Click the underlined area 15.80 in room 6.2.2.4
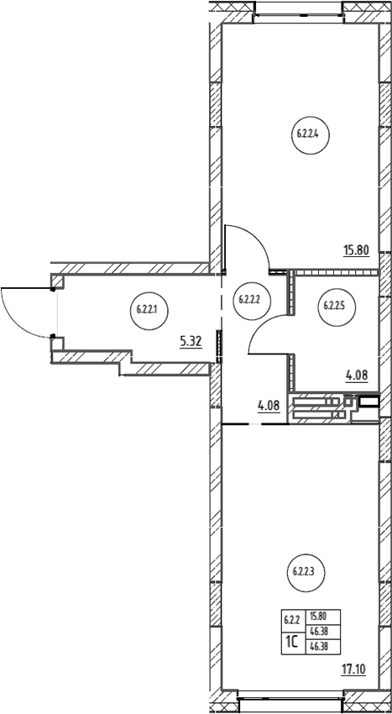pyautogui.click(x=356, y=250)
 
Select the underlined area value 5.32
pyautogui.click(x=191, y=342)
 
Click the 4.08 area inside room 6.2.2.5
pyautogui.click(x=357, y=376)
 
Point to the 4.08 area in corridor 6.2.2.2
pyautogui.click(x=269, y=406)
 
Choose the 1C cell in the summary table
pyautogui.click(x=291, y=642)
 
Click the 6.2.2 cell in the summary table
pyautogui.click(x=291, y=620)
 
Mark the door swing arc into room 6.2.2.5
pyautogui.click(x=260, y=325)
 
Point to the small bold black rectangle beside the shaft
pyautogui.click(x=368, y=402)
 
